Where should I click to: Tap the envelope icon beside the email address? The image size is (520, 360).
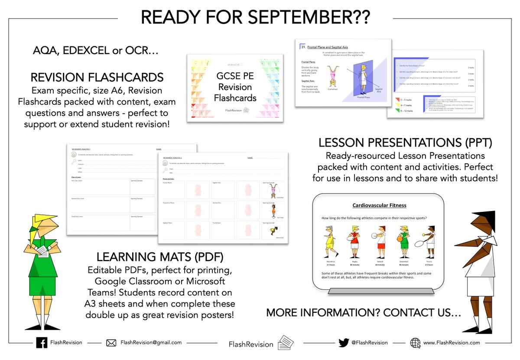coord(111,343)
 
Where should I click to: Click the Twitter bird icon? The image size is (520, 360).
coord(344,342)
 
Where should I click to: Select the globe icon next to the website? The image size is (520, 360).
coord(415,342)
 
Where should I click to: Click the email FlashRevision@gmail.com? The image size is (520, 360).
coord(151,342)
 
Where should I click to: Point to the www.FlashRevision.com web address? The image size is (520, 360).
coord(452,342)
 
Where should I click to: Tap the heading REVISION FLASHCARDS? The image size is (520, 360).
coord(97,78)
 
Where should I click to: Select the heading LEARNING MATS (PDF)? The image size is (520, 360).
coord(160,257)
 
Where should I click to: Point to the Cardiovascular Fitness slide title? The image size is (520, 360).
coord(379,205)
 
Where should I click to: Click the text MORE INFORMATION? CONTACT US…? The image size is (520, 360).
coord(364,312)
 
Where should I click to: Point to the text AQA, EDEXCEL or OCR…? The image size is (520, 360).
coord(96,50)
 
